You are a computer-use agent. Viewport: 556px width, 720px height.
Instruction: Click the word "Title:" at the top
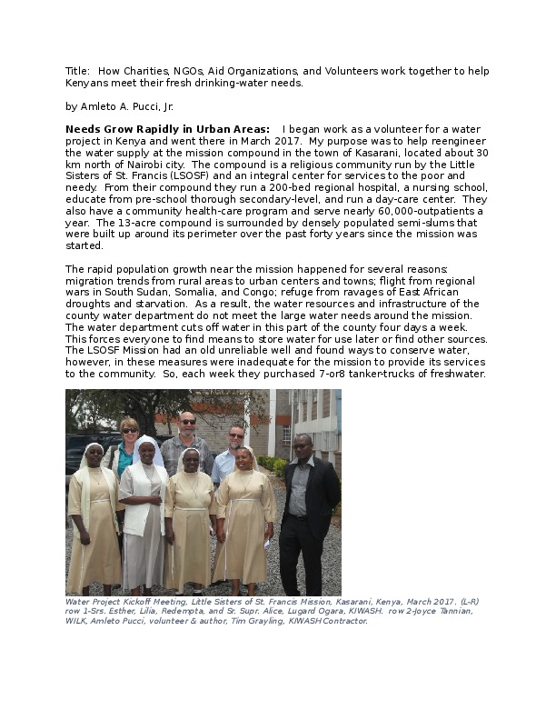(x=77, y=71)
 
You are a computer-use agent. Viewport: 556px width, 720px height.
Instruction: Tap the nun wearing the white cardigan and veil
(x=144, y=509)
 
